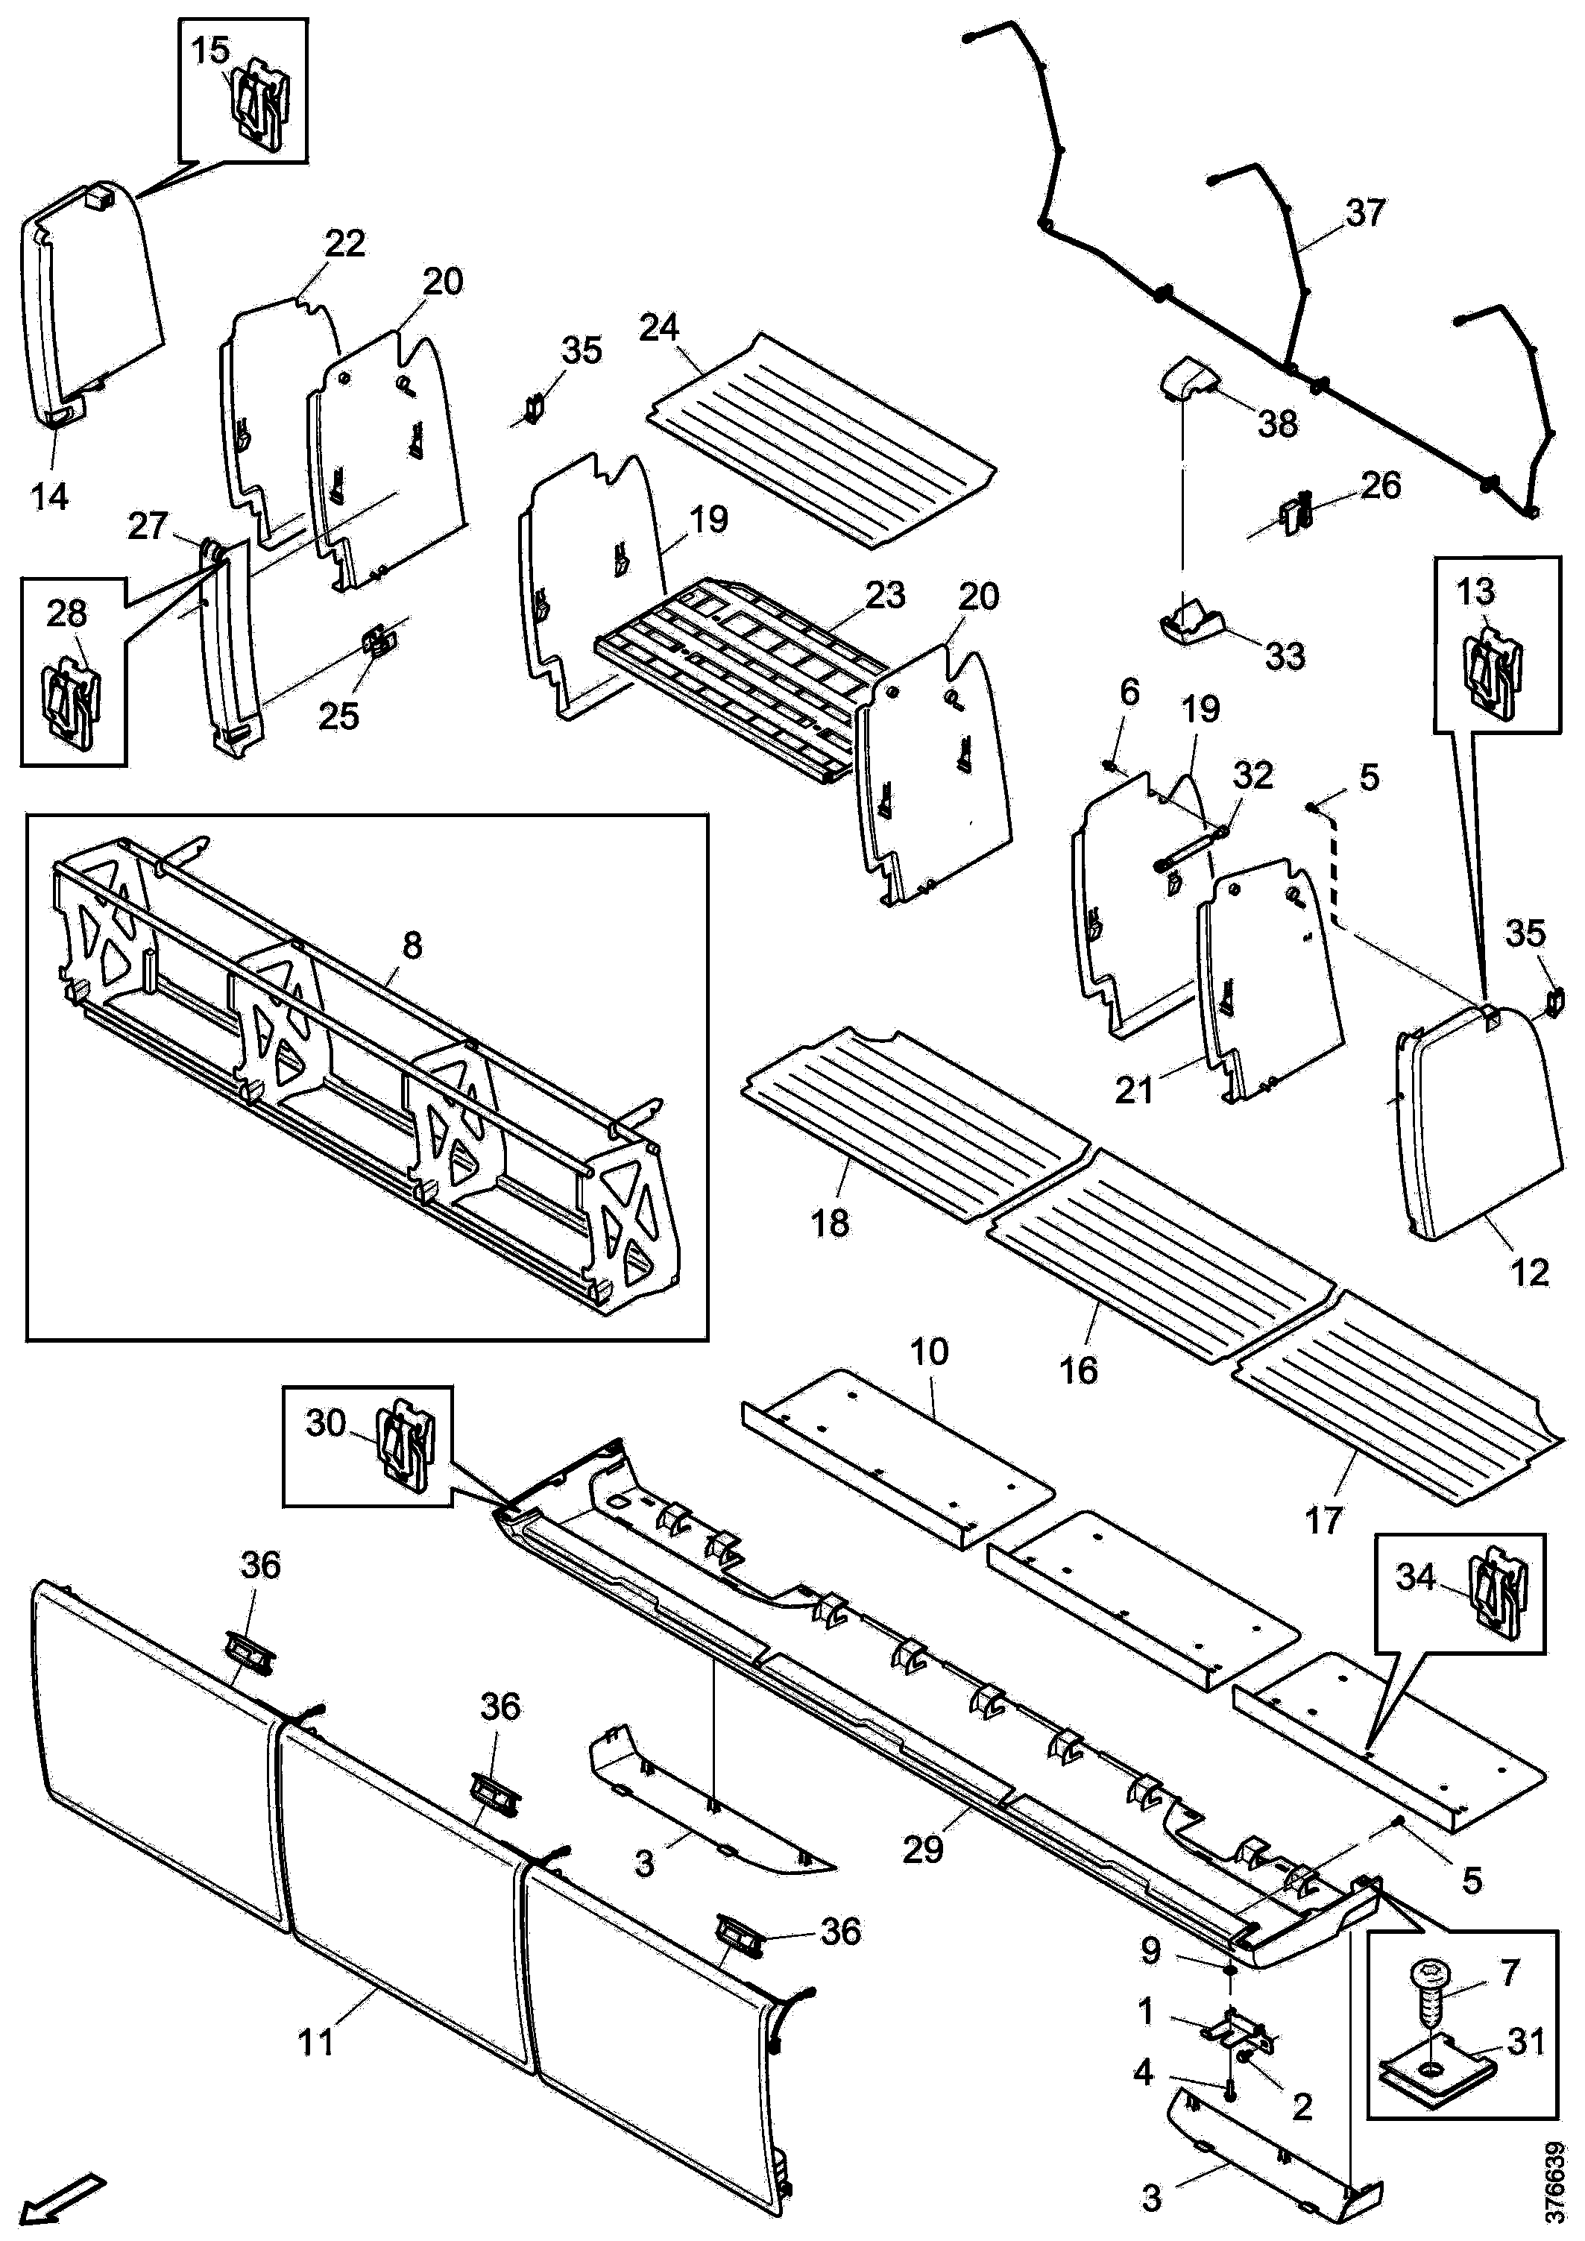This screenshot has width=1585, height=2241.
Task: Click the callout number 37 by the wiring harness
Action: click(1364, 212)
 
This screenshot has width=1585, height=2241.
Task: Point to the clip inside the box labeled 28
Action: click(74, 703)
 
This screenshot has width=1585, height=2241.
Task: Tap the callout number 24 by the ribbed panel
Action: click(659, 327)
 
